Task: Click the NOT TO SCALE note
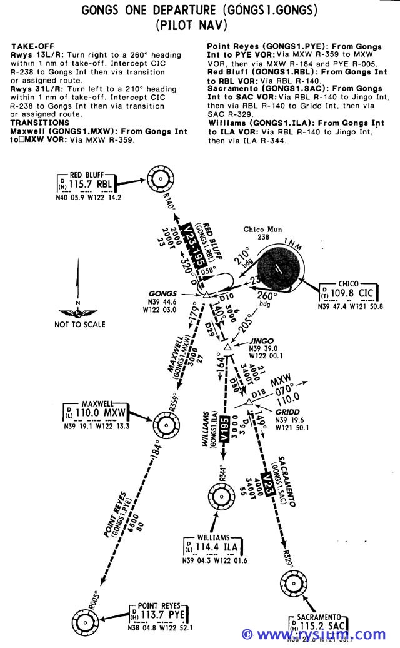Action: point(80,324)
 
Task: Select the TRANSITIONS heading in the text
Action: point(40,123)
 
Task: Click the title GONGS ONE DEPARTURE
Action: point(149,11)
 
